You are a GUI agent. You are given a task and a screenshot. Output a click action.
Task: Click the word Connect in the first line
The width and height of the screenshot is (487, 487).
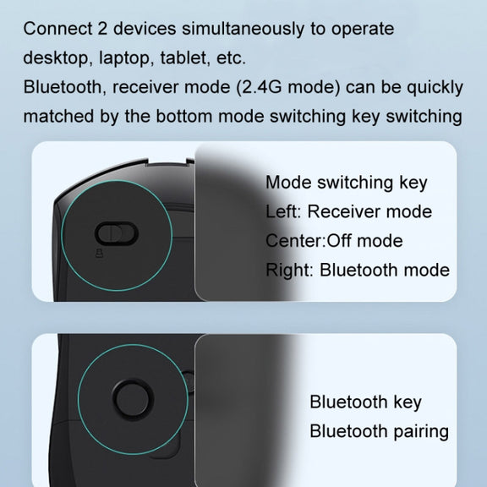click(57, 29)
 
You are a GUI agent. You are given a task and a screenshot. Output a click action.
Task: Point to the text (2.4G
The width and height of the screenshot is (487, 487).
click(259, 87)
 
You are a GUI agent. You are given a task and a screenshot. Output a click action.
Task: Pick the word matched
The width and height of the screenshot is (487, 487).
click(58, 116)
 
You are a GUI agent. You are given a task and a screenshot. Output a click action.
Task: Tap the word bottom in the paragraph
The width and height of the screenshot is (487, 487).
click(184, 116)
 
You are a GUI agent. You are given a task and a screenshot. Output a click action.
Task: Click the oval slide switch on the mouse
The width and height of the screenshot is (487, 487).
click(116, 233)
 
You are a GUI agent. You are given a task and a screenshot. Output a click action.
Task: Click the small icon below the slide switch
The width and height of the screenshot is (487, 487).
click(100, 254)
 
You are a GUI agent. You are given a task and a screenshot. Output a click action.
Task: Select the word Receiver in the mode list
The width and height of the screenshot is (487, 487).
click(343, 212)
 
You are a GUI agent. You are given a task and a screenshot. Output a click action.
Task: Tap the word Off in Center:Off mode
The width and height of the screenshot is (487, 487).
click(338, 241)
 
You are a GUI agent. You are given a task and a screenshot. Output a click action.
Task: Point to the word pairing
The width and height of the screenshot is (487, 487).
click(421, 432)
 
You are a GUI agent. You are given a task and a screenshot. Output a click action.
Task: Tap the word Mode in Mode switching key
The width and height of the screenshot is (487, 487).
click(288, 183)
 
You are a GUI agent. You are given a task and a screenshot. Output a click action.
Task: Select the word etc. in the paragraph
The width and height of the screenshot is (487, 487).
click(231, 58)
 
